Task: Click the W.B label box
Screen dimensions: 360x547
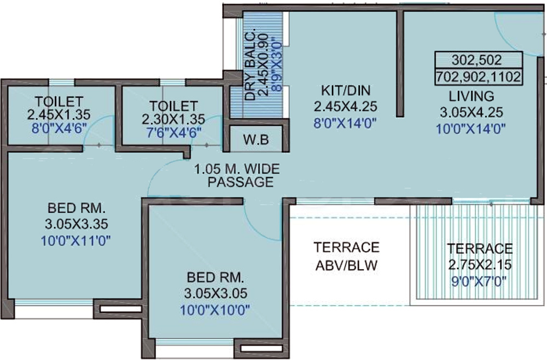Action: click(x=256, y=139)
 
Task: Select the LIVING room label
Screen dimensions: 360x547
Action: click(x=471, y=96)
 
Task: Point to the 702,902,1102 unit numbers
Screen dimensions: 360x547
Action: click(x=478, y=77)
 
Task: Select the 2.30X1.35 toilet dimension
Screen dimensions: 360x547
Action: click(x=173, y=119)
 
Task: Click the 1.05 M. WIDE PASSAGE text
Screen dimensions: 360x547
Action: click(x=241, y=176)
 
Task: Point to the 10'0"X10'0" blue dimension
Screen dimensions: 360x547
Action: click(x=215, y=310)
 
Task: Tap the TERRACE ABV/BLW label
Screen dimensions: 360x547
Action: click(x=346, y=256)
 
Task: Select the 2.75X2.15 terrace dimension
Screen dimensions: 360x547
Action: click(x=480, y=265)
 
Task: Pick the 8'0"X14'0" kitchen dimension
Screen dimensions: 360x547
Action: click(x=345, y=121)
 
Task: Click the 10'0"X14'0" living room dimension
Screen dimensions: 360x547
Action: click(x=471, y=129)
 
